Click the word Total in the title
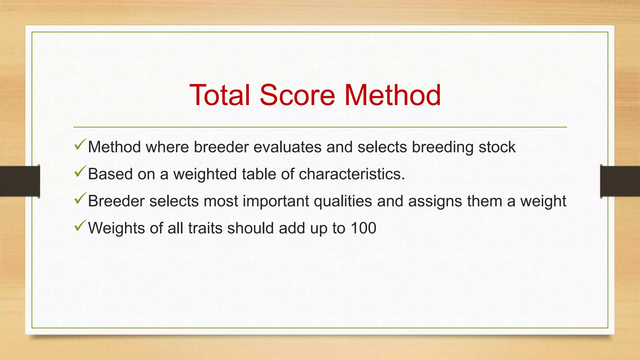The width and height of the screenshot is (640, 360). pyautogui.click(x=220, y=95)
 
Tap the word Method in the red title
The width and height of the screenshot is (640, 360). pyautogui.click(x=392, y=95)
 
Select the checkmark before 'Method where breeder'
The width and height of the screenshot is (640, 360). pyautogui.click(x=80, y=145)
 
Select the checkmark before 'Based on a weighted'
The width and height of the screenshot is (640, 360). pyautogui.click(x=80, y=172)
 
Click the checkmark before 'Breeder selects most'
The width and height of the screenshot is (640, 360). pyautogui.click(x=80, y=199)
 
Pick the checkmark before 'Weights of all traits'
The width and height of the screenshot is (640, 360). pyautogui.click(x=80, y=226)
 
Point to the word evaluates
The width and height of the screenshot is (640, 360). pyautogui.click(x=287, y=147)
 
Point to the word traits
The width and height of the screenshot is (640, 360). pyautogui.click(x=205, y=228)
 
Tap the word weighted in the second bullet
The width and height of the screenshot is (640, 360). pyautogui.click(x=205, y=174)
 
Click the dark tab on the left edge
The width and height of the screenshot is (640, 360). pyautogui.click(x=20, y=181)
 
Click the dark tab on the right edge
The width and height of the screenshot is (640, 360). pyautogui.click(x=620, y=181)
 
